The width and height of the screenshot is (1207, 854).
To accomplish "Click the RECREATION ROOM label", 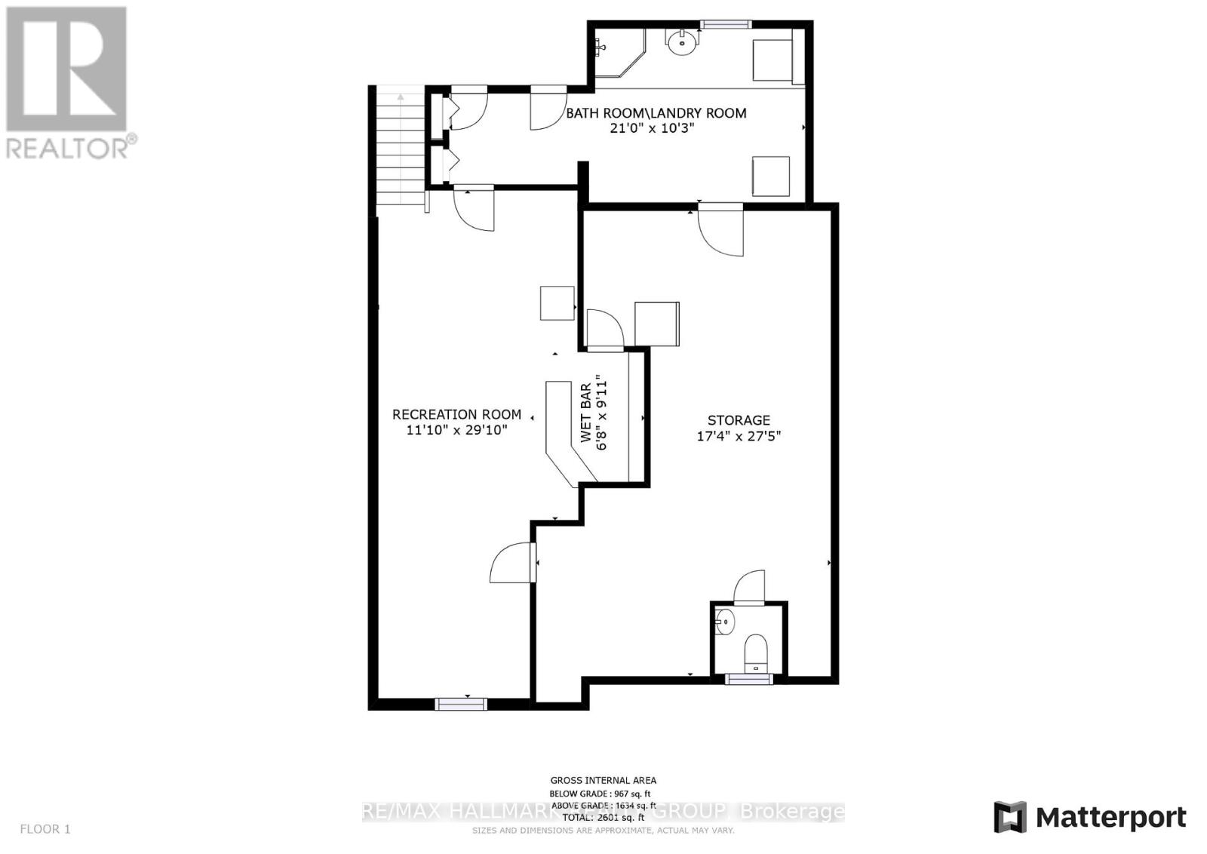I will click(x=456, y=414).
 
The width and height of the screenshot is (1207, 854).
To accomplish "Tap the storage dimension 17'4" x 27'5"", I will click(x=739, y=436).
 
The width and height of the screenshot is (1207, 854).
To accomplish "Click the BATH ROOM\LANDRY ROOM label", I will click(x=656, y=113).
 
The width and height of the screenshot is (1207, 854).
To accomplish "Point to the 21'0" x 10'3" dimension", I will click(x=652, y=128).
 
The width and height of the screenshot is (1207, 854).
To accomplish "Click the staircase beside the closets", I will click(x=401, y=148).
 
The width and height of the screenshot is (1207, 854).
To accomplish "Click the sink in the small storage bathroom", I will click(x=723, y=622).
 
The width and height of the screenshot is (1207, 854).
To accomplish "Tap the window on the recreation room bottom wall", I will click(x=461, y=704).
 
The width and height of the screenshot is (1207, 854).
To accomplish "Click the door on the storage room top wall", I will click(x=720, y=230).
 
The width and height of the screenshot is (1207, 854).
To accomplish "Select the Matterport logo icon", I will click(x=1010, y=817).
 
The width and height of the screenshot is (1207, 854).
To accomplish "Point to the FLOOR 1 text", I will click(x=45, y=829).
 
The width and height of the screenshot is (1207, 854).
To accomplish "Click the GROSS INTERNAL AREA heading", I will click(x=603, y=781).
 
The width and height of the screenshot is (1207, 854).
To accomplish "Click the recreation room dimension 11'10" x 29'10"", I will click(x=456, y=430).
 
